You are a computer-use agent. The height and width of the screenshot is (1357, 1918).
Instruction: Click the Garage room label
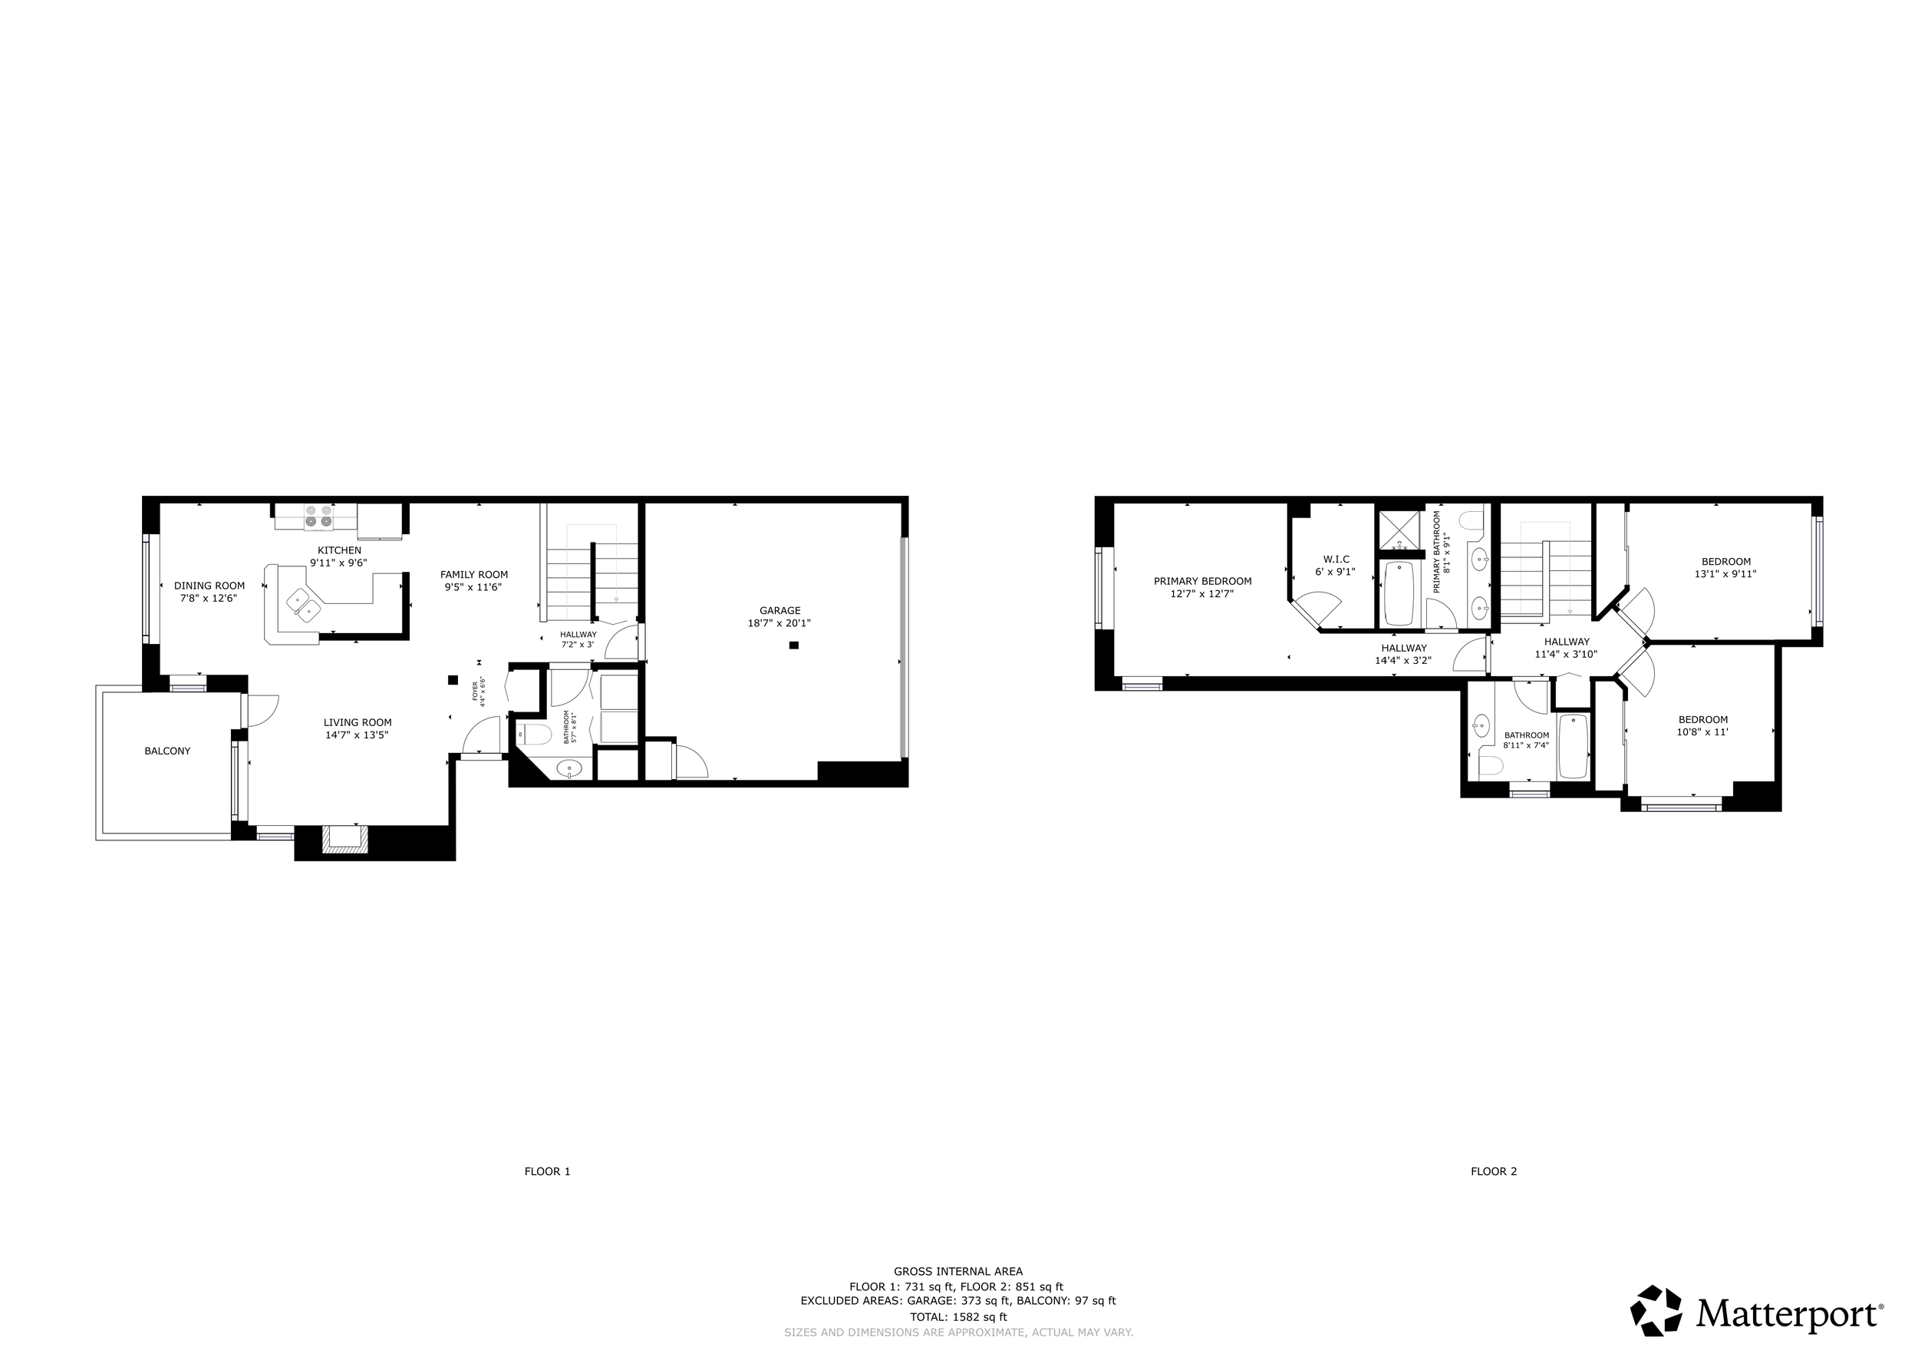[779, 611]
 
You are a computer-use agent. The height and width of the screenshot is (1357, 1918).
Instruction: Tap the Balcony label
[167, 751]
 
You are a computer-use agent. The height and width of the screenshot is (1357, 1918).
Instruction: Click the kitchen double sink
[303, 603]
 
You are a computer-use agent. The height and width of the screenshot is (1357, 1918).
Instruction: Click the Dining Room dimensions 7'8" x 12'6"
[209, 598]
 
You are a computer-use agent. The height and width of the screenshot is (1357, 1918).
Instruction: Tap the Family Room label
[473, 574]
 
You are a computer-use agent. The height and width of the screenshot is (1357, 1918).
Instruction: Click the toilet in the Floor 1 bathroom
[535, 735]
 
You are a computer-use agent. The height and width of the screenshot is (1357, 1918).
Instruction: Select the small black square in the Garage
[793, 645]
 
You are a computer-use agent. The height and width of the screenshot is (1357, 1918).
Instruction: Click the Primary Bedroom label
[1202, 582]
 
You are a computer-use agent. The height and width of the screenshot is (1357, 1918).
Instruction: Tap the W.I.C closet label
[1336, 559]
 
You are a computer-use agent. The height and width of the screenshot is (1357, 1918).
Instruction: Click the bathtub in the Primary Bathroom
[1399, 593]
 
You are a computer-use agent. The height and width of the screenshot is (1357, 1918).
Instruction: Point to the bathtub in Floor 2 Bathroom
[1573, 746]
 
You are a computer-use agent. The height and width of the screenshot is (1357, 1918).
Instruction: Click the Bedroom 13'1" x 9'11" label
[1726, 562]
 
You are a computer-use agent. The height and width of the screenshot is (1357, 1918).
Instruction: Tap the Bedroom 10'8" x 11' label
[1703, 719]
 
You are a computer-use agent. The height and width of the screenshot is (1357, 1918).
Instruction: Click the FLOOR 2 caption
[1494, 1171]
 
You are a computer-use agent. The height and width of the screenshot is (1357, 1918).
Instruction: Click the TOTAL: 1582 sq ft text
[958, 1317]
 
